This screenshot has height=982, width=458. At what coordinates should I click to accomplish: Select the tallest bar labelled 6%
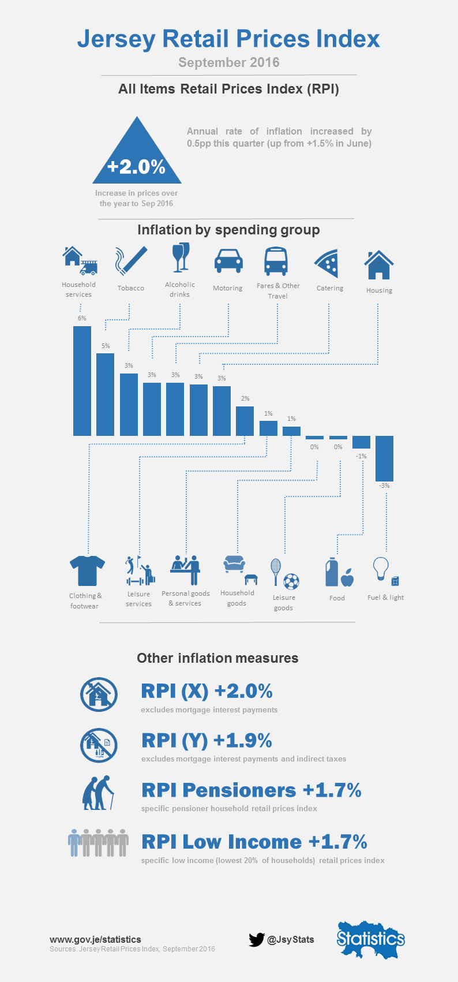82,381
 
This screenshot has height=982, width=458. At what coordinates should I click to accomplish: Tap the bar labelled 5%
105,394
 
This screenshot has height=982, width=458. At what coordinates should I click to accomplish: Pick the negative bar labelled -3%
384,458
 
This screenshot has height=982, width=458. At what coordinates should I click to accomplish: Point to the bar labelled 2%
245,421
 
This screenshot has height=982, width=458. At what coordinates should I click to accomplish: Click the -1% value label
361,457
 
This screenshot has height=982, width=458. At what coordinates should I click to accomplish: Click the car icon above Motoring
228,261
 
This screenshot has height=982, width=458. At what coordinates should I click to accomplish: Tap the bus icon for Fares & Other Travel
276,262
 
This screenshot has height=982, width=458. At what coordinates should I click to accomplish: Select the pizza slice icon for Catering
327,263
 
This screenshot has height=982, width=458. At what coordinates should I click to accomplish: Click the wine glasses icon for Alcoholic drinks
181,257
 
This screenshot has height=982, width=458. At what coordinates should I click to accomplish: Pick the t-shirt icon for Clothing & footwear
88,571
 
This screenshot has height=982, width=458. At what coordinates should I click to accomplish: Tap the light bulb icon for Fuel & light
381,569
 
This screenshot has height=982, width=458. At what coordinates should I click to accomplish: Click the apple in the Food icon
347,578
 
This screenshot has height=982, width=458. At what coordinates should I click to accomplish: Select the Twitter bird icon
257,939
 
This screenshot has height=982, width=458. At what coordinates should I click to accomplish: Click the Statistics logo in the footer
371,939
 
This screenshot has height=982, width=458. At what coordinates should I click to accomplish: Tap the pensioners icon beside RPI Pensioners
98,793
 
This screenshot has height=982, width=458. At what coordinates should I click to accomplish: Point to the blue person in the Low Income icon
74,843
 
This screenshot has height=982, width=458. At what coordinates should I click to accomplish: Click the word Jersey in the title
117,39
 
